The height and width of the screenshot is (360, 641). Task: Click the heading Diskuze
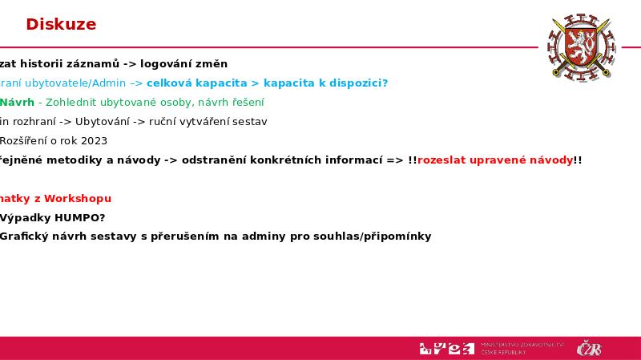pos(61,25)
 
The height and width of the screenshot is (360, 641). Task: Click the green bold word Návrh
pos(17,103)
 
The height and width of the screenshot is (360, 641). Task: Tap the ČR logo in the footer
pos(590,349)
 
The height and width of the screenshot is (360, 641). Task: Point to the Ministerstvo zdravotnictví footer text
pos(522,348)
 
